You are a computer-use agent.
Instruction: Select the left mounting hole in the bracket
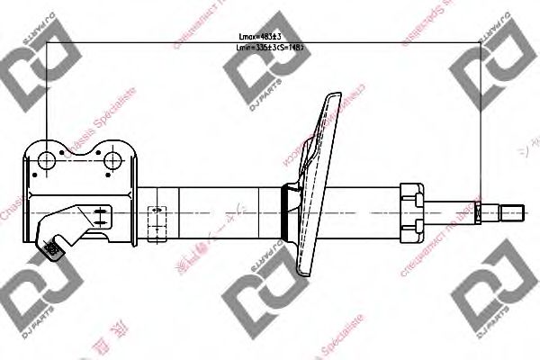46,161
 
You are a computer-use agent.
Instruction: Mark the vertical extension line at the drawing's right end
481,126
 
